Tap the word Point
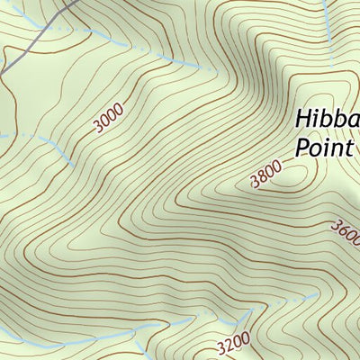(325, 147)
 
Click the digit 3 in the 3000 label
(96, 128)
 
